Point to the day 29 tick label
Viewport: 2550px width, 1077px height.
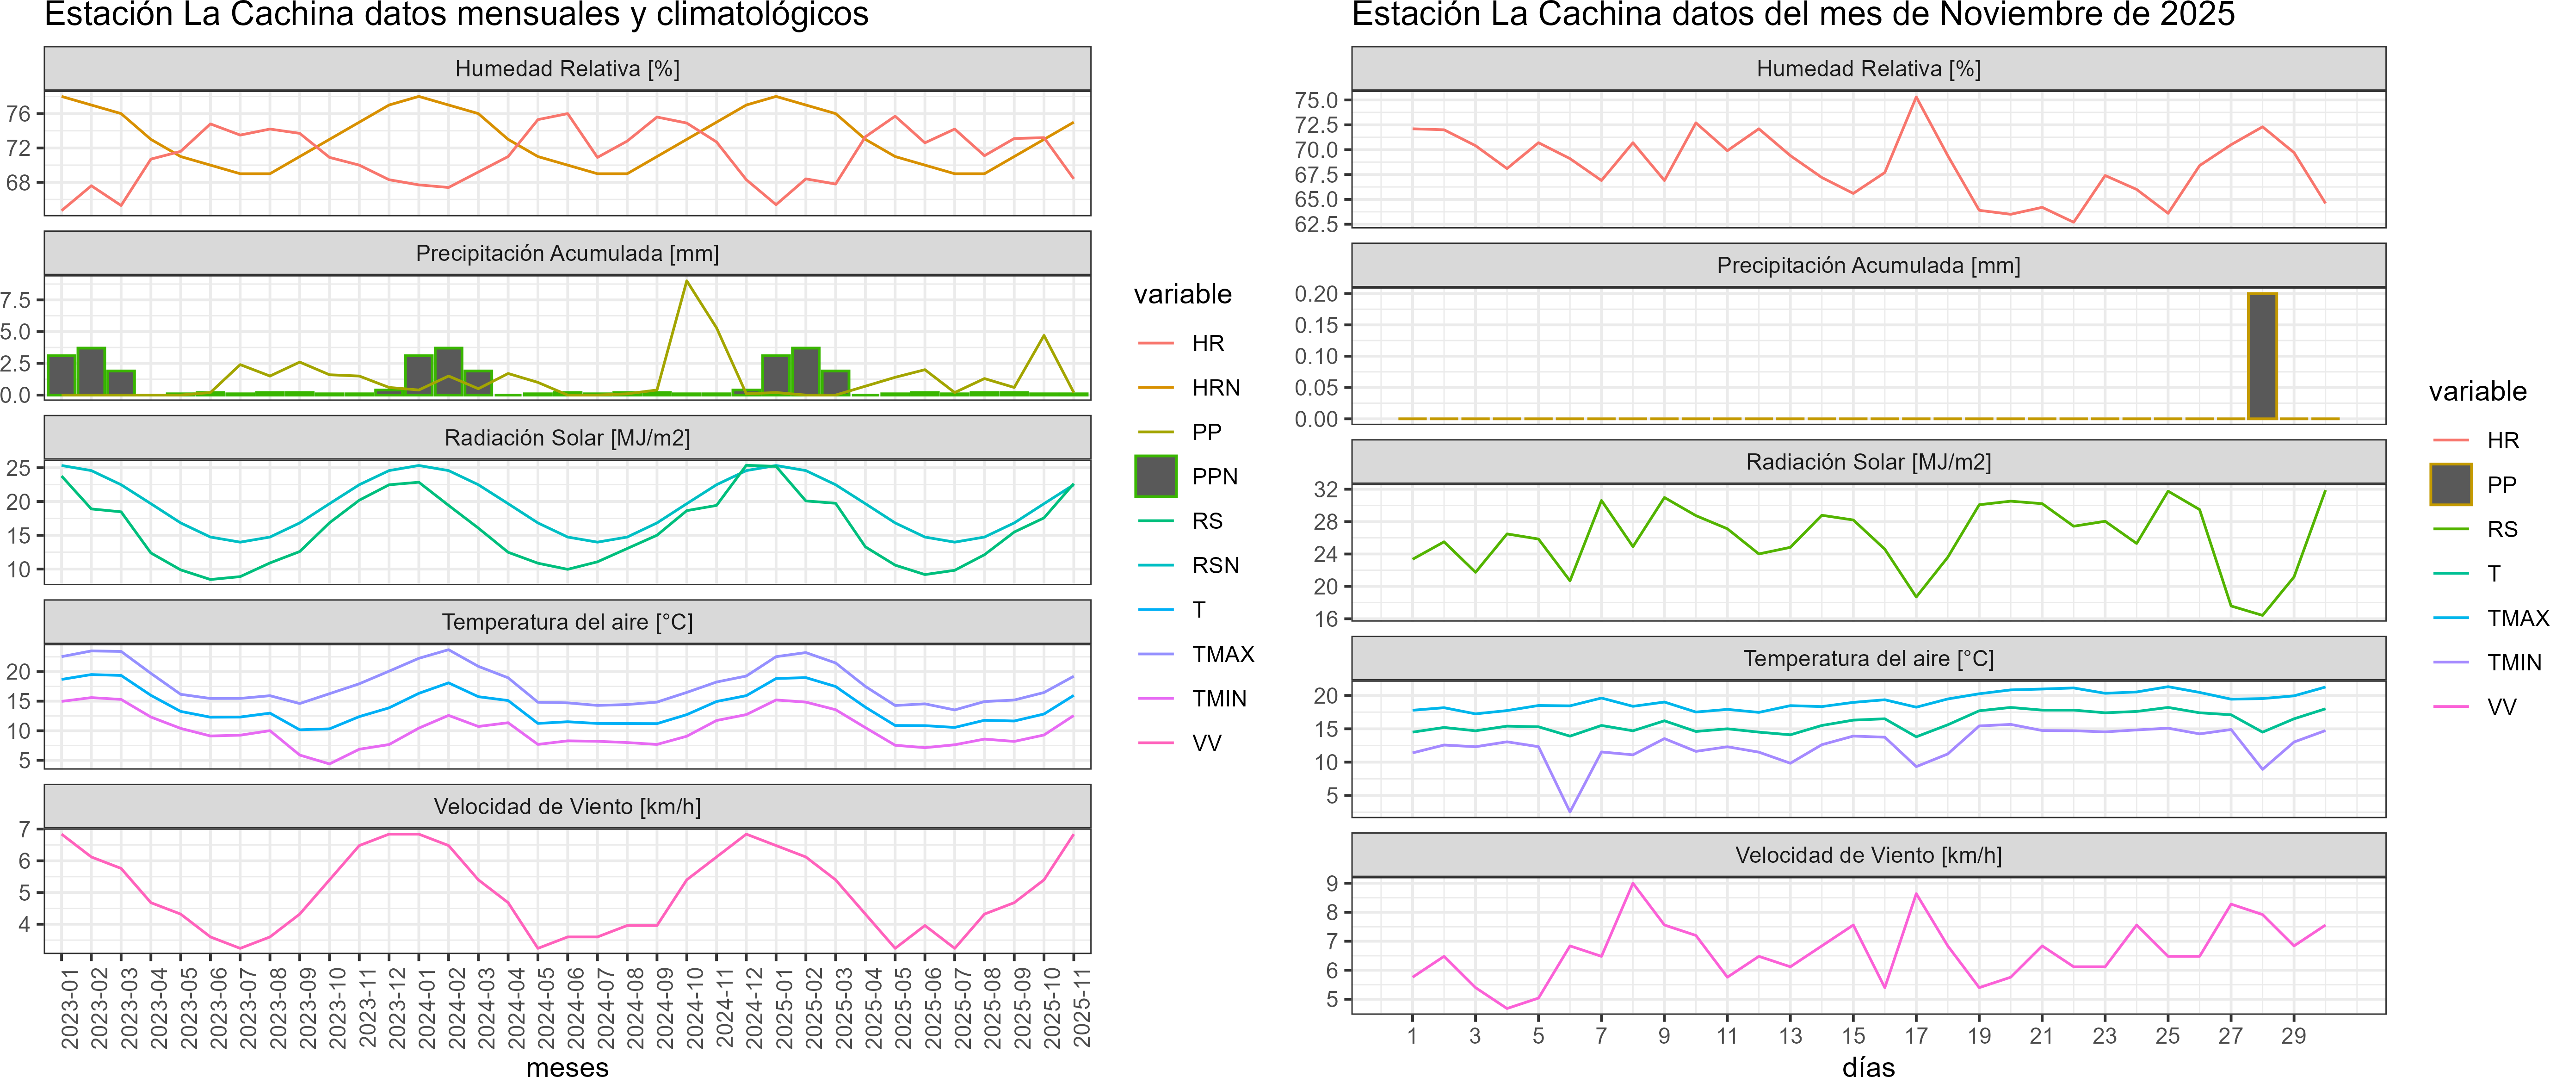2294,1035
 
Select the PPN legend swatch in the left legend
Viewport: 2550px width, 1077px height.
1155,476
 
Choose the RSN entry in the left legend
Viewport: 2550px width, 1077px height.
1216,565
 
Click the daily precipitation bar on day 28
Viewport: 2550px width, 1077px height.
2262,356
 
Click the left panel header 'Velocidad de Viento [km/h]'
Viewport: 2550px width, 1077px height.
567,807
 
